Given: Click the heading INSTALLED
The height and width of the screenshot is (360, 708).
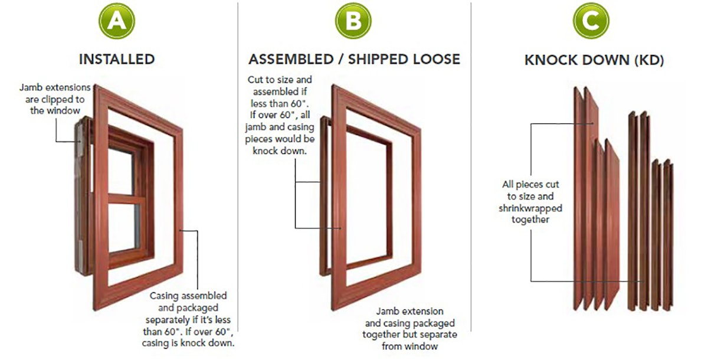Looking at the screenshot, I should point(117,59).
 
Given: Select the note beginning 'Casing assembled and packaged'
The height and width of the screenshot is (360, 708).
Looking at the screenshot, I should point(189,318).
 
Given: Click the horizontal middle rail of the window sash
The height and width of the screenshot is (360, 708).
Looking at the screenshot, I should point(125,198).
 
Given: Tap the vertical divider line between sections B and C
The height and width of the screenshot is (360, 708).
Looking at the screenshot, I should point(471,177).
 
